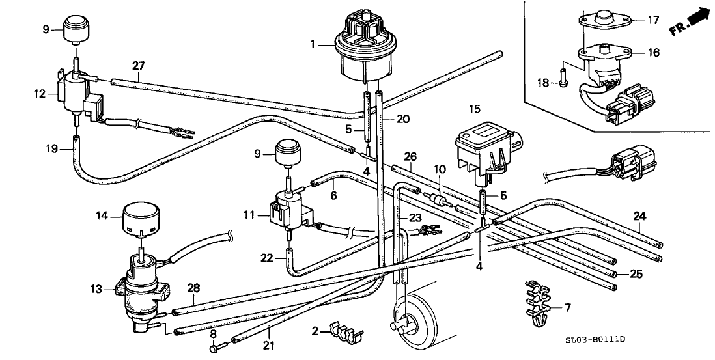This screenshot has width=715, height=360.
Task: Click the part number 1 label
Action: [313, 45]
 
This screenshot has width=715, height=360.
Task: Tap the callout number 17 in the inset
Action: [654, 20]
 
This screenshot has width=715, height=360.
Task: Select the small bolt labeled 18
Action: [563, 83]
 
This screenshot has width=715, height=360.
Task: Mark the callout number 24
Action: [640, 215]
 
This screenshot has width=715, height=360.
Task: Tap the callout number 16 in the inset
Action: [654, 53]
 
